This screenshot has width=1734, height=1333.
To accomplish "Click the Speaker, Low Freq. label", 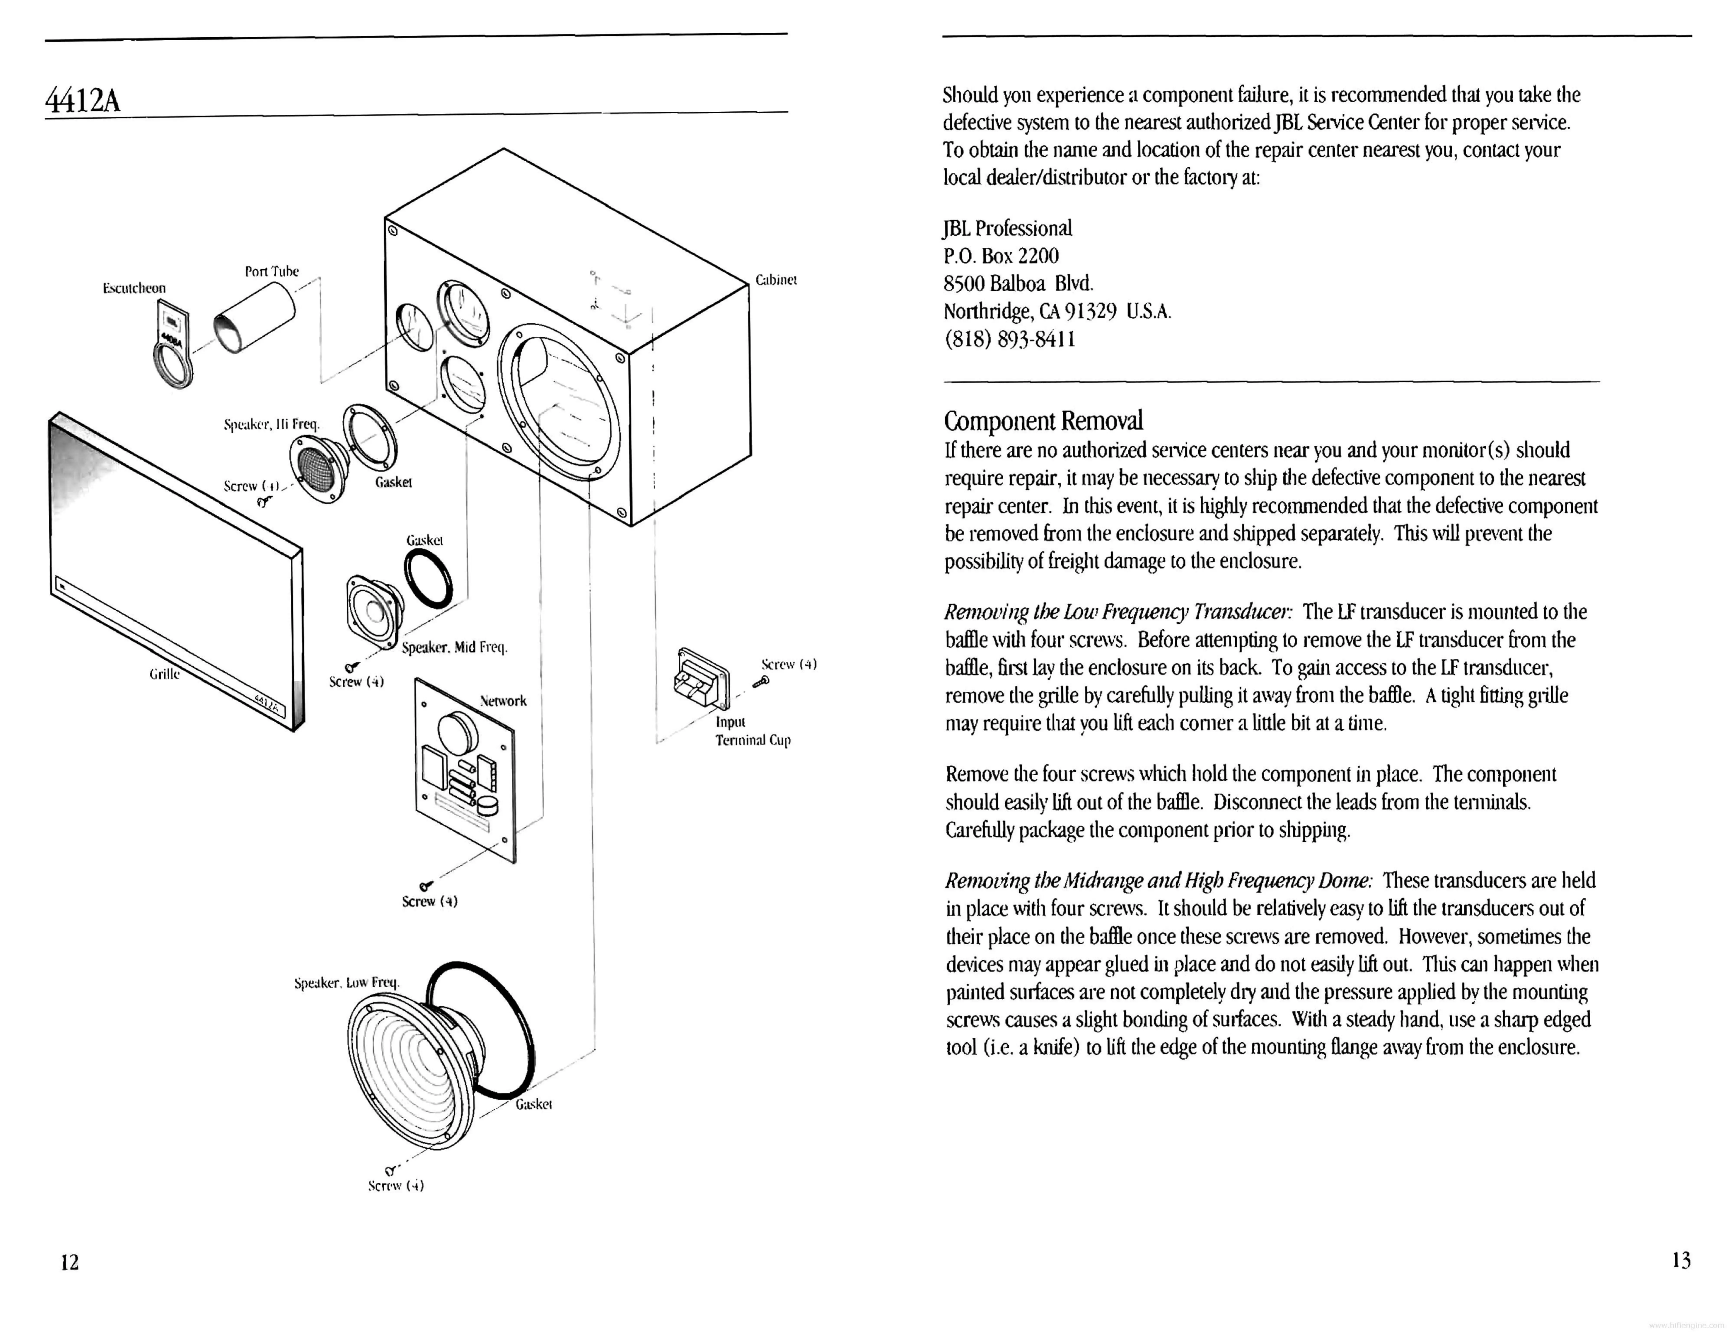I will tap(347, 982).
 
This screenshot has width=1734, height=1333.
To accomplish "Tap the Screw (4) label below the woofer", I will tap(396, 1185).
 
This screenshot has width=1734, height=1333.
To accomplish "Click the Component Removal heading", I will tap(1043, 420).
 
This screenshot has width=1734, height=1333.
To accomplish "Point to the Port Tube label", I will tap(271, 271).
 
